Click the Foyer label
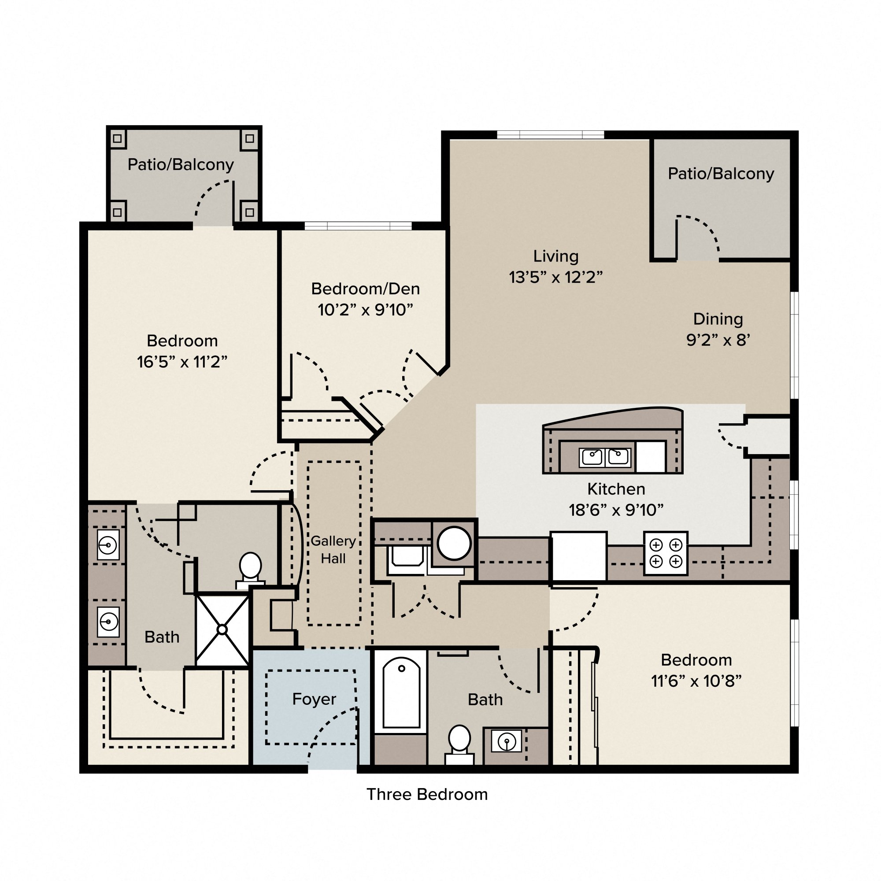click(x=314, y=699)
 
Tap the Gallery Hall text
click(x=333, y=549)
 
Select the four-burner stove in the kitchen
click(x=665, y=553)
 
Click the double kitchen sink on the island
click(x=605, y=457)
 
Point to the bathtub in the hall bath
click(x=401, y=693)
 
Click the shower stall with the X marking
click(x=222, y=630)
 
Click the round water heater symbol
click(x=454, y=544)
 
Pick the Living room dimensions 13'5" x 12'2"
click(x=555, y=277)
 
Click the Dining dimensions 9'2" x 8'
click(x=718, y=340)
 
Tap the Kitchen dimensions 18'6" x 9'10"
click(x=616, y=510)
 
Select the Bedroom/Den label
click(x=365, y=289)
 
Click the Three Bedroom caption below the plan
click(x=427, y=794)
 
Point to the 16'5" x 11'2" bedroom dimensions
click(x=182, y=362)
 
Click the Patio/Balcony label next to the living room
click(x=721, y=174)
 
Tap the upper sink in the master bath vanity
click(x=108, y=545)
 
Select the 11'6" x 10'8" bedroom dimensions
click(x=696, y=681)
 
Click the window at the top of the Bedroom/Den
click(x=358, y=226)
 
